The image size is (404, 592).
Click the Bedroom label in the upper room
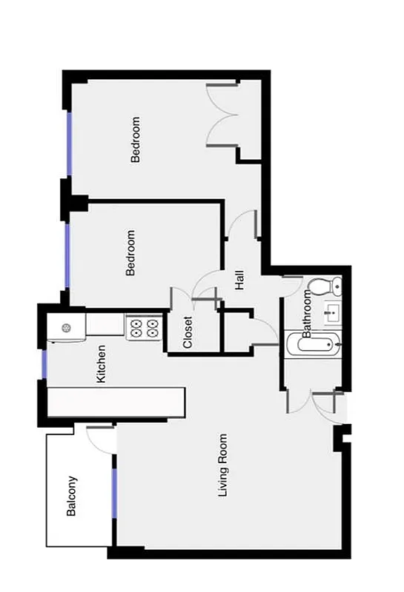(135, 139)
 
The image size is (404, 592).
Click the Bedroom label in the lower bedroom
(131, 253)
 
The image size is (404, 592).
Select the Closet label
(188, 332)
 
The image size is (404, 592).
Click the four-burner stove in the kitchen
(144, 327)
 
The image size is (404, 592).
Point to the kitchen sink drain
(66, 327)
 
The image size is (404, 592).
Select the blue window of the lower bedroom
(67, 255)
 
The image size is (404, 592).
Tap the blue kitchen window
(44, 365)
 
